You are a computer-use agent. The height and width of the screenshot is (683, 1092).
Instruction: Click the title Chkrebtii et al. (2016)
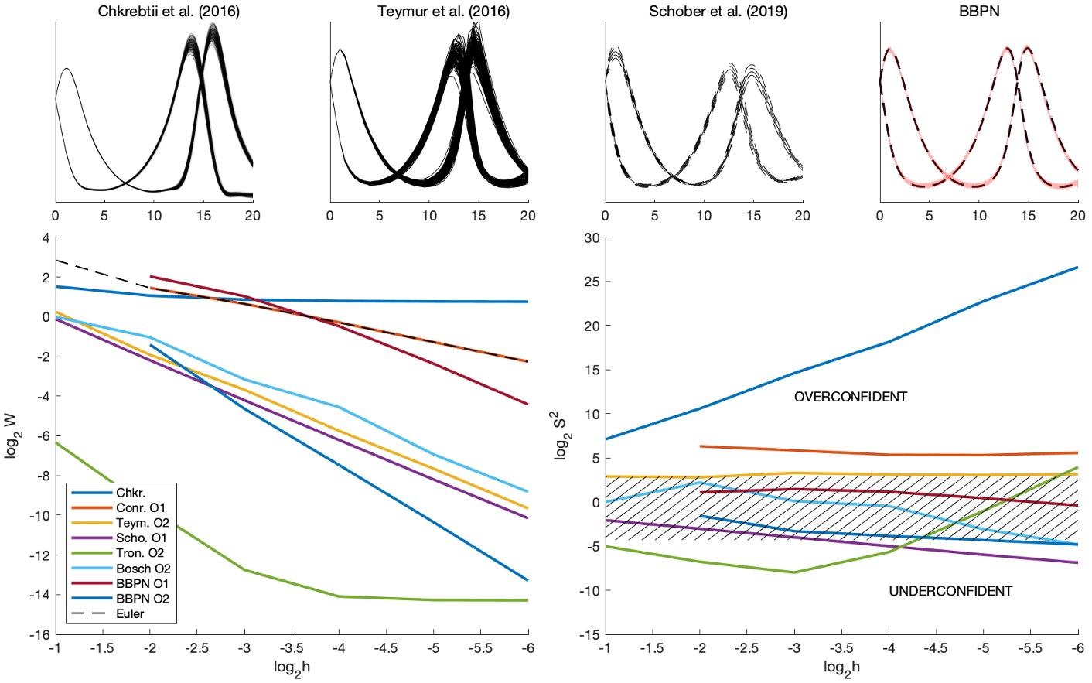tap(169, 12)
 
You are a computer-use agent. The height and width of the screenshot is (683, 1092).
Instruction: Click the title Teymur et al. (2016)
tap(443, 12)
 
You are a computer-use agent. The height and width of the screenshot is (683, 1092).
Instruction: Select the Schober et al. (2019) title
tap(718, 12)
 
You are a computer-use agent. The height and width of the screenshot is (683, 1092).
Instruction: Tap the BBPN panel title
tap(978, 12)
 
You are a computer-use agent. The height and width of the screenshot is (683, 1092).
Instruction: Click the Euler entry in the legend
tap(130, 613)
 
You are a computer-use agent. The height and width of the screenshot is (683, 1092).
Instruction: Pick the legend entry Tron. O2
tap(140, 553)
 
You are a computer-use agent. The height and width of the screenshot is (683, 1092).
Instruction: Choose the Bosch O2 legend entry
tap(143, 569)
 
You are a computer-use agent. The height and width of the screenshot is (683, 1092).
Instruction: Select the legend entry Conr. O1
tap(141, 508)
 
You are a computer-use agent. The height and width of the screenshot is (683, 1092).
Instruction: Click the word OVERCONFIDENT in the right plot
tap(850, 397)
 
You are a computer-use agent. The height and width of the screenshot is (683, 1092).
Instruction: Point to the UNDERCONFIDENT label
tap(950, 591)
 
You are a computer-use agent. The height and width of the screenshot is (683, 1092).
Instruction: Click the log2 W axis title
tap(11, 435)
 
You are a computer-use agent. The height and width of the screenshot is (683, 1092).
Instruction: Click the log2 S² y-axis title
tap(561, 435)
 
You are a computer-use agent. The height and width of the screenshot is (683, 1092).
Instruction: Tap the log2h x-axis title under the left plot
tap(292, 668)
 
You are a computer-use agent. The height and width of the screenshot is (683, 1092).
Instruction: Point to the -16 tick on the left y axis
tap(39, 635)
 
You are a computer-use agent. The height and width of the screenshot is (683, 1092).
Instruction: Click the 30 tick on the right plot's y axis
tap(592, 237)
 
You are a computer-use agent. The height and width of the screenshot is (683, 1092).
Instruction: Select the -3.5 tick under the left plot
tap(292, 649)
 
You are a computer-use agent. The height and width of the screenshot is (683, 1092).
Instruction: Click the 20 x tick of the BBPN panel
tap(1077, 216)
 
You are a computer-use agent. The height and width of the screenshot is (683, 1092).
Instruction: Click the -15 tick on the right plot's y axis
tap(589, 635)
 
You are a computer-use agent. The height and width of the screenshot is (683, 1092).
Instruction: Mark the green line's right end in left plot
tap(528, 600)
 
